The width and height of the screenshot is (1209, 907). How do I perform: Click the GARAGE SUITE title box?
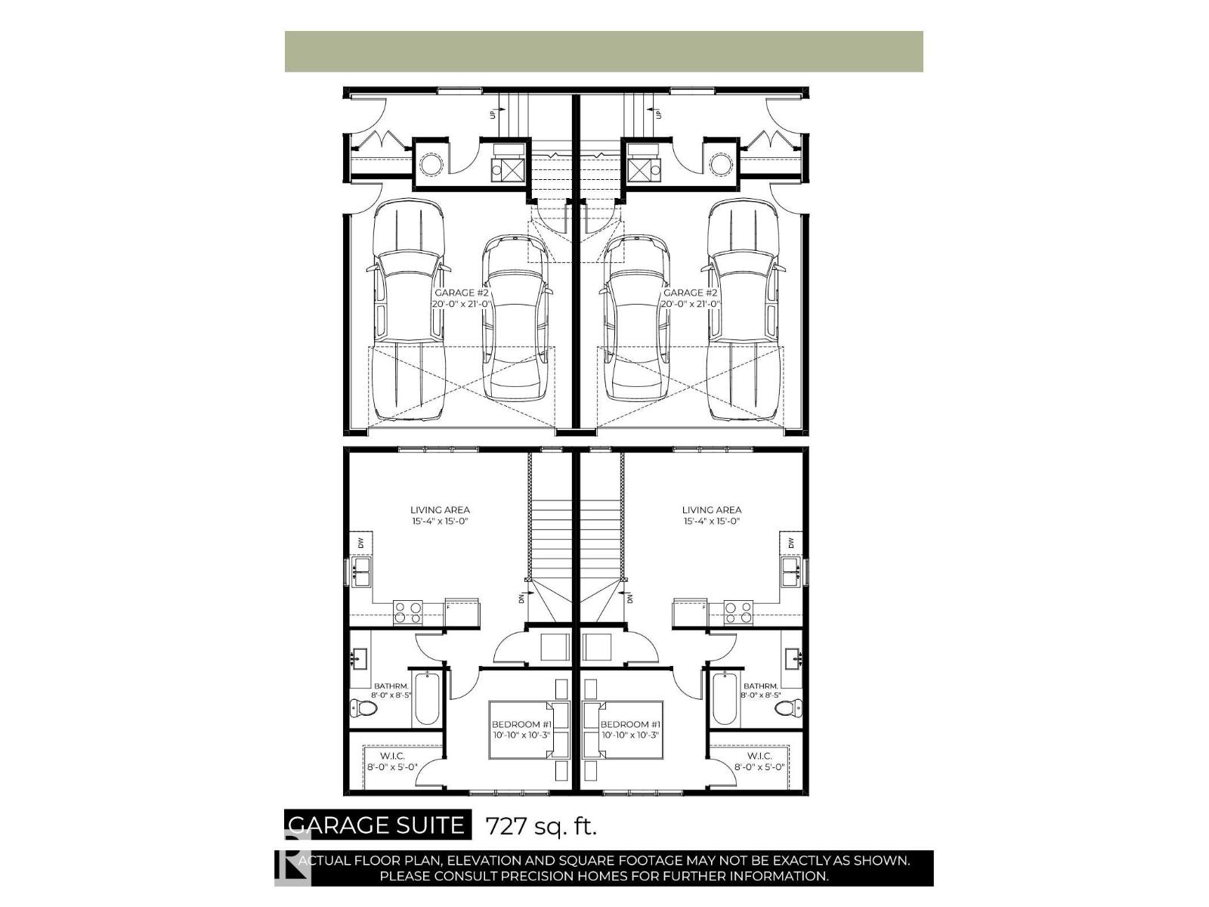(377, 825)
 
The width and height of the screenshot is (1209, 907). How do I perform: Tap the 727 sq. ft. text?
(540, 825)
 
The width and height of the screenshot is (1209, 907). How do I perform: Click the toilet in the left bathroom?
(363, 708)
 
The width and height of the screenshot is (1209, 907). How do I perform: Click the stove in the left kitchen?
(408, 611)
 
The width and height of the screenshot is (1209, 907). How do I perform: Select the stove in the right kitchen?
(738, 611)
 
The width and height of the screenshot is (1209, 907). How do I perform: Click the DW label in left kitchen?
(361, 543)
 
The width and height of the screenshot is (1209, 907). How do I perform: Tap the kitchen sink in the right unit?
(791, 572)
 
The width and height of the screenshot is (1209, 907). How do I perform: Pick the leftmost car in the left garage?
(407, 310)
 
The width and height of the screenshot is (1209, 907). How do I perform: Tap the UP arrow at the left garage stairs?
(493, 113)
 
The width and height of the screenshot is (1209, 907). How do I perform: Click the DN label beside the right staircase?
(630, 598)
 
